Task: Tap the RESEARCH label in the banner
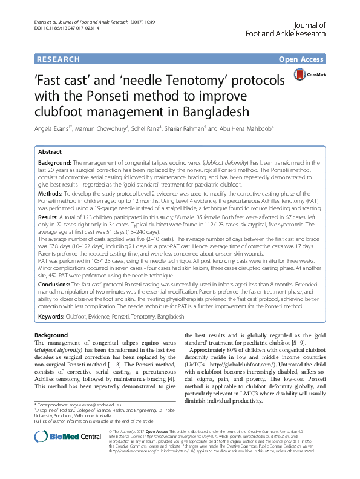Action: point(58,59)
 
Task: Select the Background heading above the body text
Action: point(51,335)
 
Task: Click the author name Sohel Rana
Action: point(149,128)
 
